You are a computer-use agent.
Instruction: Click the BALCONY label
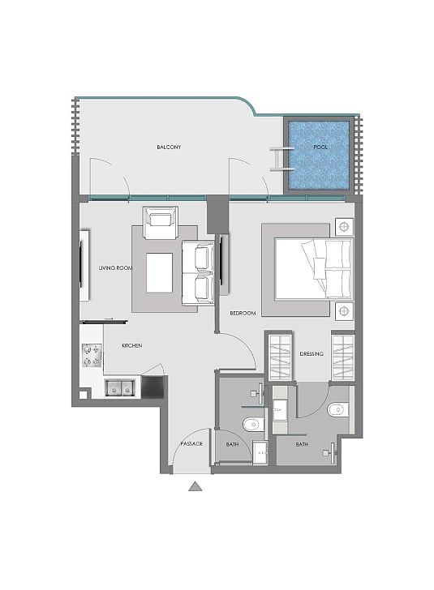pos(169,147)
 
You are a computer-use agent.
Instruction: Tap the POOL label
pos(320,147)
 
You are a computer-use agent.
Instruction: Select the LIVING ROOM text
pos(116,268)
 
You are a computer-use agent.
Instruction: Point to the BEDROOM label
pos(243,313)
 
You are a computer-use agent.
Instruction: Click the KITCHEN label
pos(132,345)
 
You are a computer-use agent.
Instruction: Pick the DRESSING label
pos(312,353)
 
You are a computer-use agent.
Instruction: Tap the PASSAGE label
pos(191,444)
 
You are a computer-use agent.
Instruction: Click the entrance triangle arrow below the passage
pos(196,486)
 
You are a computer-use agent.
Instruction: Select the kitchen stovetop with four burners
pos(92,356)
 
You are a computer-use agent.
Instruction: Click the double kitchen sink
pos(119,388)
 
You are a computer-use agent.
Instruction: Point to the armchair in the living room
pos(161,222)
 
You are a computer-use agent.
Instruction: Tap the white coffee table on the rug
pos(159,273)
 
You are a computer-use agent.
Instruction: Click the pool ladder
pos(281,159)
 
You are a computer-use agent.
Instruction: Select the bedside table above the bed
pos(344,227)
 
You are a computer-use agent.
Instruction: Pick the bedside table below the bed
pos(344,311)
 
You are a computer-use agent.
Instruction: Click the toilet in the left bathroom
pos(254,425)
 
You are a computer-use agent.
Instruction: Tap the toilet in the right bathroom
pos(337,410)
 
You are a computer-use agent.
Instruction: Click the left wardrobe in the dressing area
pos(280,358)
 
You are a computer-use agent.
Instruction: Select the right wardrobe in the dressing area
pos(342,358)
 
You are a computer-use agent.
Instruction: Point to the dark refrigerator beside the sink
pos(153,387)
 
